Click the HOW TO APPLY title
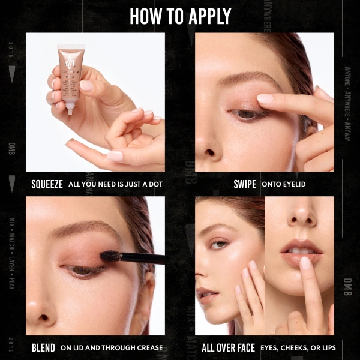(x=180, y=16)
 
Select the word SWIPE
(x=244, y=184)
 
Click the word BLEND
(x=43, y=347)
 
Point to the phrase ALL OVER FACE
(x=228, y=347)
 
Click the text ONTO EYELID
(x=283, y=184)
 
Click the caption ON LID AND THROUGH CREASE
(x=112, y=347)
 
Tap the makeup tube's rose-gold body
(x=71, y=72)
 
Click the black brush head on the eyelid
(x=112, y=257)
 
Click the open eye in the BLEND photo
(x=78, y=271)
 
